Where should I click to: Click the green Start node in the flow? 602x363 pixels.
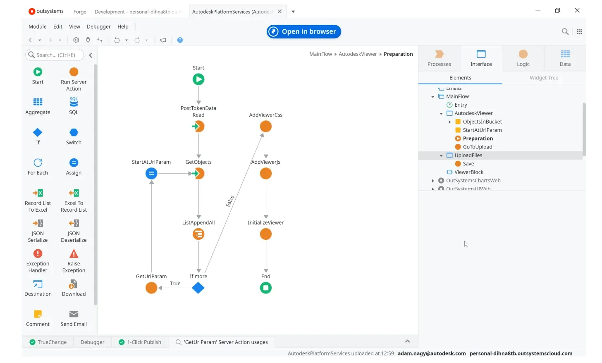click(198, 79)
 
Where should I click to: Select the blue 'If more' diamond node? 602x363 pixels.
click(198, 288)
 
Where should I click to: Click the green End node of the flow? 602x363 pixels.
click(266, 288)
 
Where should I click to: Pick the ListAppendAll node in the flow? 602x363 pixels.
click(198, 234)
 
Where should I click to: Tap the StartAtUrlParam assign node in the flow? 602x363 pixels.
click(151, 173)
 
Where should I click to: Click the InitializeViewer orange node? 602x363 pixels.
click(266, 234)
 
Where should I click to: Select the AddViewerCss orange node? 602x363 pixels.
click(266, 126)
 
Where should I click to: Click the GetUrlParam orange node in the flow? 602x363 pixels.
click(151, 288)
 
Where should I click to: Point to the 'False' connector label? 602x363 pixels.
click(230, 201)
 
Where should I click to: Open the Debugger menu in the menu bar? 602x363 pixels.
click(99, 26)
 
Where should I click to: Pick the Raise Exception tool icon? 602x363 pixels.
click(74, 253)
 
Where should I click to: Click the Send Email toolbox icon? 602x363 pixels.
click(74, 314)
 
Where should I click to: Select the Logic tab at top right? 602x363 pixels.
click(523, 58)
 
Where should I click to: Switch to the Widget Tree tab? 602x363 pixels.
click(544, 78)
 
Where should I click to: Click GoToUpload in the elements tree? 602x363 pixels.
click(478, 147)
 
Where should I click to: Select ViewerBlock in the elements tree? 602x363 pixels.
click(469, 172)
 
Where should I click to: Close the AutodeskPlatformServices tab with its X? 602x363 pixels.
click(280, 12)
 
